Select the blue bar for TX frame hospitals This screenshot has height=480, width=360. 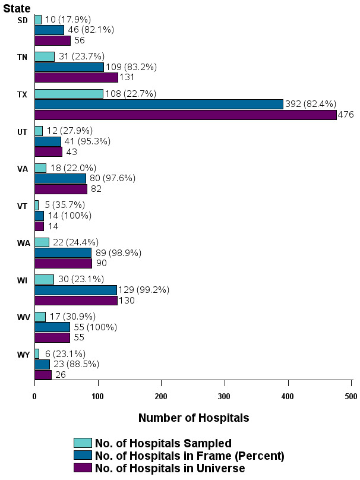pos(159,104)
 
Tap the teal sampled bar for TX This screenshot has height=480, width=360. pos(68,93)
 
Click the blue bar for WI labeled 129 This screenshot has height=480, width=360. pos(75,290)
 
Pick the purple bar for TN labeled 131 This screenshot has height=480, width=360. pos(76,77)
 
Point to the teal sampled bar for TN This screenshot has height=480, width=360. pos(45,56)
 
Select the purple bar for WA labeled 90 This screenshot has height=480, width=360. pos(63,263)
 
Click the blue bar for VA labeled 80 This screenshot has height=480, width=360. pos(60,178)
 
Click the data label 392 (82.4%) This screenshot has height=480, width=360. pos(311,104)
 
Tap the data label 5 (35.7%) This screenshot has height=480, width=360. pos(65,205)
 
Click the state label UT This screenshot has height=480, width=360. pos(23,131)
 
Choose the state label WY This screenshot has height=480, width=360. pos(23,355)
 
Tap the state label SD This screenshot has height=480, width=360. pos(23,20)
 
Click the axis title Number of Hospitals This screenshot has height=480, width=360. pos(194,418)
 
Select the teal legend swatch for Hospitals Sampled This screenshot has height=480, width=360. pos(83,443)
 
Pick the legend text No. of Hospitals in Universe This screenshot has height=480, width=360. pos(170,469)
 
